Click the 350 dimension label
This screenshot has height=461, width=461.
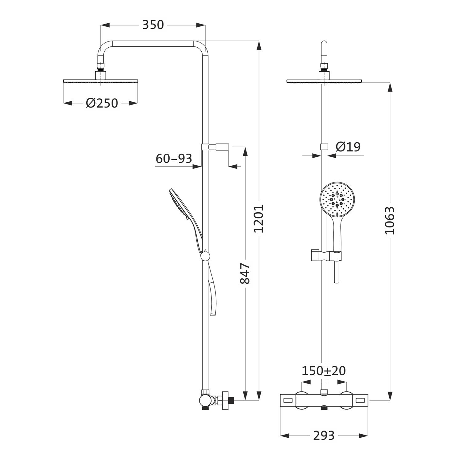(x=153, y=25)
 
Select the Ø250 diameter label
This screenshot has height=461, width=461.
(x=102, y=103)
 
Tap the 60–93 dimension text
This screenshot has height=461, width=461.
(x=174, y=159)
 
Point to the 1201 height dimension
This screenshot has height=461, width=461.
(x=260, y=218)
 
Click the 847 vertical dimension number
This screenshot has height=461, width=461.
(x=245, y=273)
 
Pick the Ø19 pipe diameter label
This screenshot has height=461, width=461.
(x=348, y=147)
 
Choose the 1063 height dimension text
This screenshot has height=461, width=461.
(x=390, y=221)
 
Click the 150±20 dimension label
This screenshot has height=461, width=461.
(x=324, y=371)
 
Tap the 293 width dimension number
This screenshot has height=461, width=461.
(x=324, y=435)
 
